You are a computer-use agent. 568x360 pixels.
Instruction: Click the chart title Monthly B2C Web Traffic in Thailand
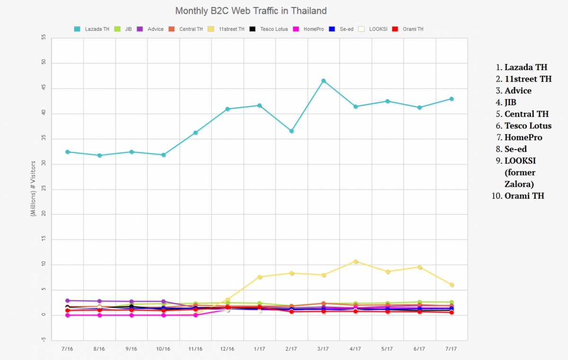coord(251,10)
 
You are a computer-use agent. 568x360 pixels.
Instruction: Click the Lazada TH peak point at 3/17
coord(323,81)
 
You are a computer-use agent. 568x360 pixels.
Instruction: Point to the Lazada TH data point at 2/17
coord(292,131)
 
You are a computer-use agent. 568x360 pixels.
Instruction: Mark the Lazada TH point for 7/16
coord(68,152)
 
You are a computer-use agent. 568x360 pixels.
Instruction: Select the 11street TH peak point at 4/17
coord(355,261)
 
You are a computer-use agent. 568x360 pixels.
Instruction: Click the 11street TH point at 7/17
coord(452,285)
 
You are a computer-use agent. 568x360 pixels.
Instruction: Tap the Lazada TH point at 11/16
coord(195,133)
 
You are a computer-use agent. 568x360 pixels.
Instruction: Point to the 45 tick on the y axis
coord(43,88)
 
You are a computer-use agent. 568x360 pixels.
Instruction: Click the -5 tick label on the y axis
coord(44,340)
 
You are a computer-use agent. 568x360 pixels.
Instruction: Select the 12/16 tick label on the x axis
coord(227,349)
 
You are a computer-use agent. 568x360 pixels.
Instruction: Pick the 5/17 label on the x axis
coord(387,349)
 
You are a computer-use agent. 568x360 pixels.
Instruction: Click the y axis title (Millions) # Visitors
coord(33,189)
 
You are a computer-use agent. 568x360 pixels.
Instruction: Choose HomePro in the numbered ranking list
coord(523,137)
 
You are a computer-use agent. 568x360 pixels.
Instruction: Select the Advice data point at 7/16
coord(68,301)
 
